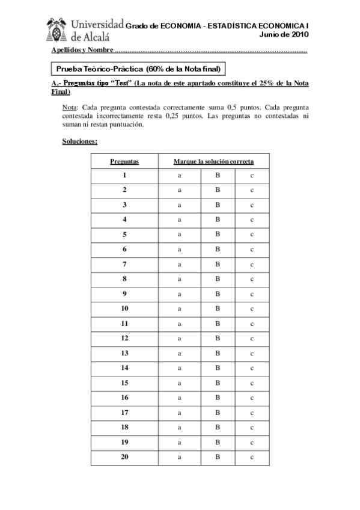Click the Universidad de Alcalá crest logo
click(x=58, y=28)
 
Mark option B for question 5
click(x=219, y=234)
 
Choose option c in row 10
click(x=252, y=309)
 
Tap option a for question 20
click(x=179, y=457)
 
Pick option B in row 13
click(x=219, y=353)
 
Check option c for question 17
click(x=252, y=413)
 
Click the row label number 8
click(x=124, y=278)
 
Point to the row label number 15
click(x=124, y=382)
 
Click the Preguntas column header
click(x=124, y=161)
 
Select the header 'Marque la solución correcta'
click(x=213, y=161)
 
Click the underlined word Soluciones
click(x=80, y=142)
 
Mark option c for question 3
click(x=252, y=204)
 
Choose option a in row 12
click(x=179, y=338)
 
